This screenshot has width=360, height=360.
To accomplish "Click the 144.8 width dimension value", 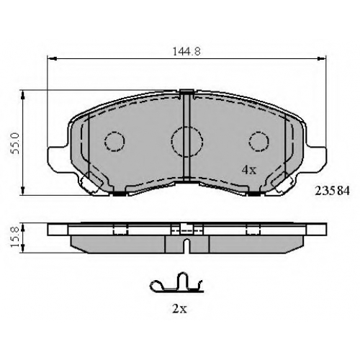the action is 186,52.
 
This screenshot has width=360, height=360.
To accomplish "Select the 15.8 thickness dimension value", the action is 16,238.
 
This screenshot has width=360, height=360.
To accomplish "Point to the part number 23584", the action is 332,191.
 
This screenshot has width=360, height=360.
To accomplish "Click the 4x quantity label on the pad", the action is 249,170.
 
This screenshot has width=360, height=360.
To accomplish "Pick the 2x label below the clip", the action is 179,309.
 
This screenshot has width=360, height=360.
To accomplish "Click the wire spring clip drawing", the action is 176,283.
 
